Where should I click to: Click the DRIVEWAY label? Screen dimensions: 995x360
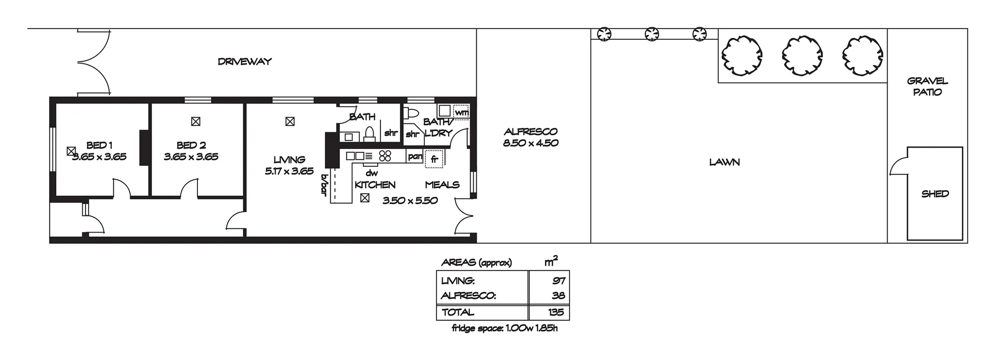pos(245,61)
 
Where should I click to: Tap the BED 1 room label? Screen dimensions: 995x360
pos(99,145)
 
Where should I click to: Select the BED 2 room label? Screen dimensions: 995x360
pos(191,145)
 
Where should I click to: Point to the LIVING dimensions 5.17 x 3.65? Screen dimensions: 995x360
pos(289,171)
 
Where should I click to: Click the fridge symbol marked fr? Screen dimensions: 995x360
pos(434,159)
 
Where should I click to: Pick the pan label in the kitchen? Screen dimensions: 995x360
pos(415,156)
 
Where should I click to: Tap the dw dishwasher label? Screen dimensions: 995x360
pos(372,174)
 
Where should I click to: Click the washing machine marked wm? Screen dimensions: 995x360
pos(462,112)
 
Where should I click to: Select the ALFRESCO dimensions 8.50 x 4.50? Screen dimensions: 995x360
pos(531,143)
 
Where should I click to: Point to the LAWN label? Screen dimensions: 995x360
pos(724,162)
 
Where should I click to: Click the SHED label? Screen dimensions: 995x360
pos(935,194)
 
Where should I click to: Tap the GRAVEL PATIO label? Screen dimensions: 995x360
pos(928,87)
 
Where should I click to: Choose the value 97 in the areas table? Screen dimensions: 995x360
pos(559,281)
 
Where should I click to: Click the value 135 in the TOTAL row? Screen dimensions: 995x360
pos(556,312)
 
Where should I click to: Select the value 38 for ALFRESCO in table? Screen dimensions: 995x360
pos(559,296)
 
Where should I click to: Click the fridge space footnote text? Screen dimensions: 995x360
pos(505,328)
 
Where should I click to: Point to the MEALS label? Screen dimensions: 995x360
pos(442,185)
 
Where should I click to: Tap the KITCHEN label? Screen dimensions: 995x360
pos(375,185)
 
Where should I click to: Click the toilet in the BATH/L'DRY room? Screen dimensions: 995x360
pos(412,112)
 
